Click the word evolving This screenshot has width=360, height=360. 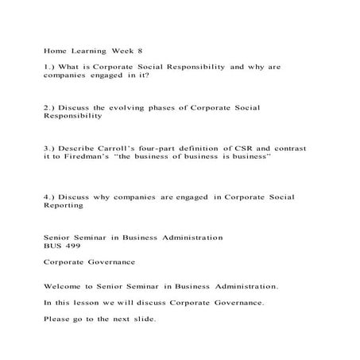(x=130, y=107)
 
